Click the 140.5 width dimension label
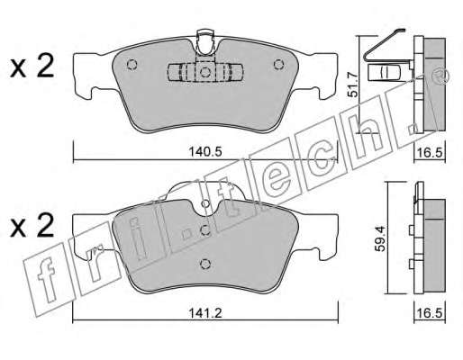tap(205, 152)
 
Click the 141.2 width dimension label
tap(205, 313)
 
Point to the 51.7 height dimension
tap(353, 85)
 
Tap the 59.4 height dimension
tap(381, 238)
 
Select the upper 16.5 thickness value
tap(430, 153)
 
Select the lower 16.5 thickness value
tap(430, 314)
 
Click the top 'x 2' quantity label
tap(32, 67)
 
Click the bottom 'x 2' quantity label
tap(32, 226)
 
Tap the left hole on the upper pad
tap(132, 65)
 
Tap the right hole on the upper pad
tap(278, 65)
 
